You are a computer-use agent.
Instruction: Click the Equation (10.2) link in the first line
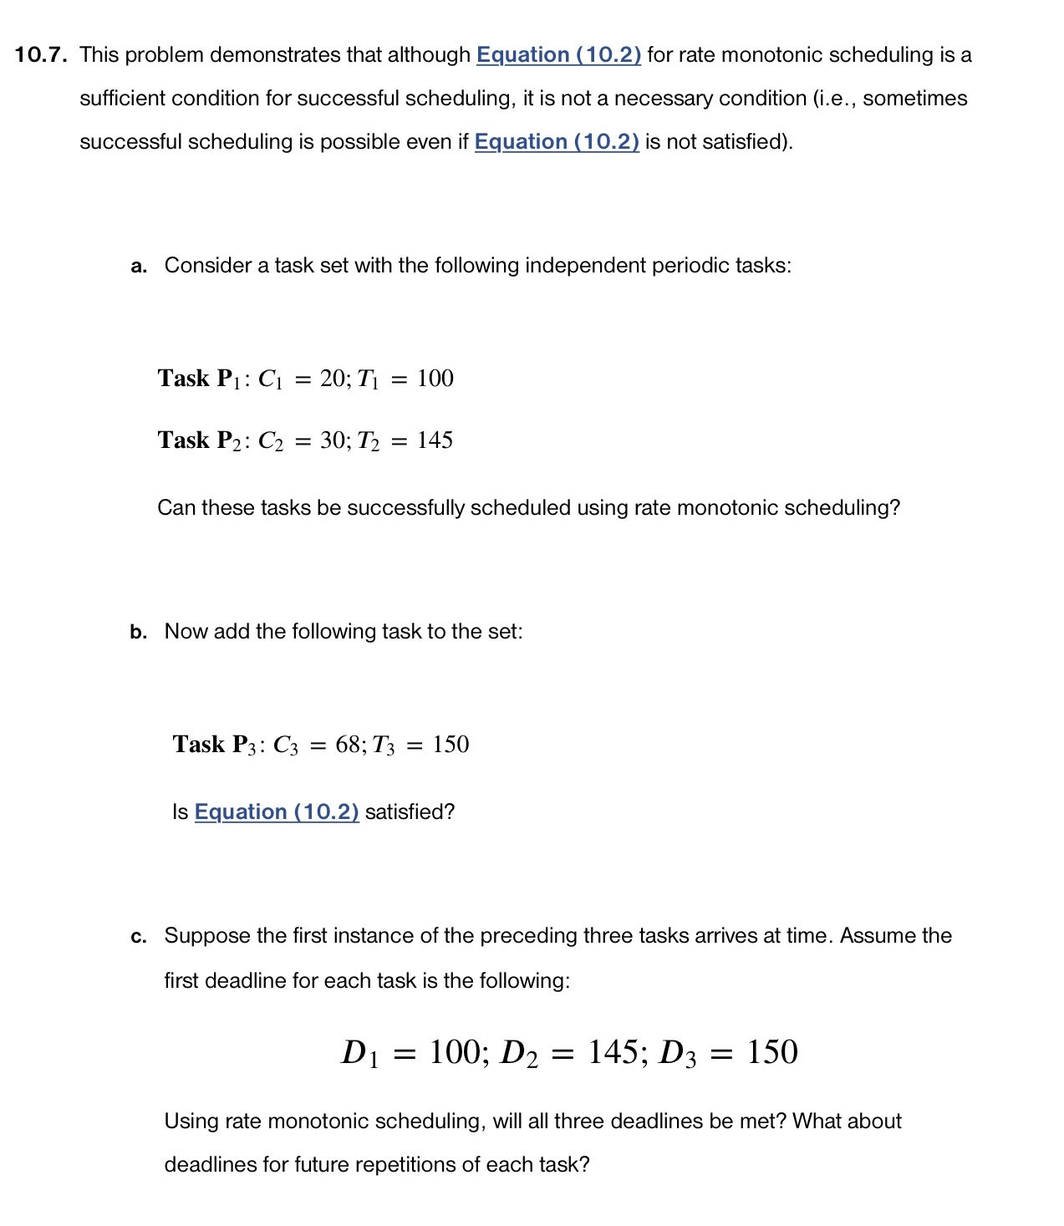(558, 55)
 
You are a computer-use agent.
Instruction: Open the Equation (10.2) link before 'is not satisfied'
(557, 142)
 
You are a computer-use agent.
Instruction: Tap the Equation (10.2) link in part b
(277, 812)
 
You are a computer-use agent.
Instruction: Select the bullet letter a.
(139, 267)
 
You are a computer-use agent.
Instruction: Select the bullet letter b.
(139, 633)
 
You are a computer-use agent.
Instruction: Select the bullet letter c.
(139, 937)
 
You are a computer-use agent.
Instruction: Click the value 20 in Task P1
(334, 379)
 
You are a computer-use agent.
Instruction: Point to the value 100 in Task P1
(435, 379)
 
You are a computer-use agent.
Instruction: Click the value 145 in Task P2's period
(435, 440)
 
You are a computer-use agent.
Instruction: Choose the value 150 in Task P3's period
(451, 745)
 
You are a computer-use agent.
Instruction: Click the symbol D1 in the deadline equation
(360, 1053)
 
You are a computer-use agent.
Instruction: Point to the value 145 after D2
(613, 1052)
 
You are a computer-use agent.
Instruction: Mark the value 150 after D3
(771, 1052)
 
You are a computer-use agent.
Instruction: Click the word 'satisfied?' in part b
(410, 812)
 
